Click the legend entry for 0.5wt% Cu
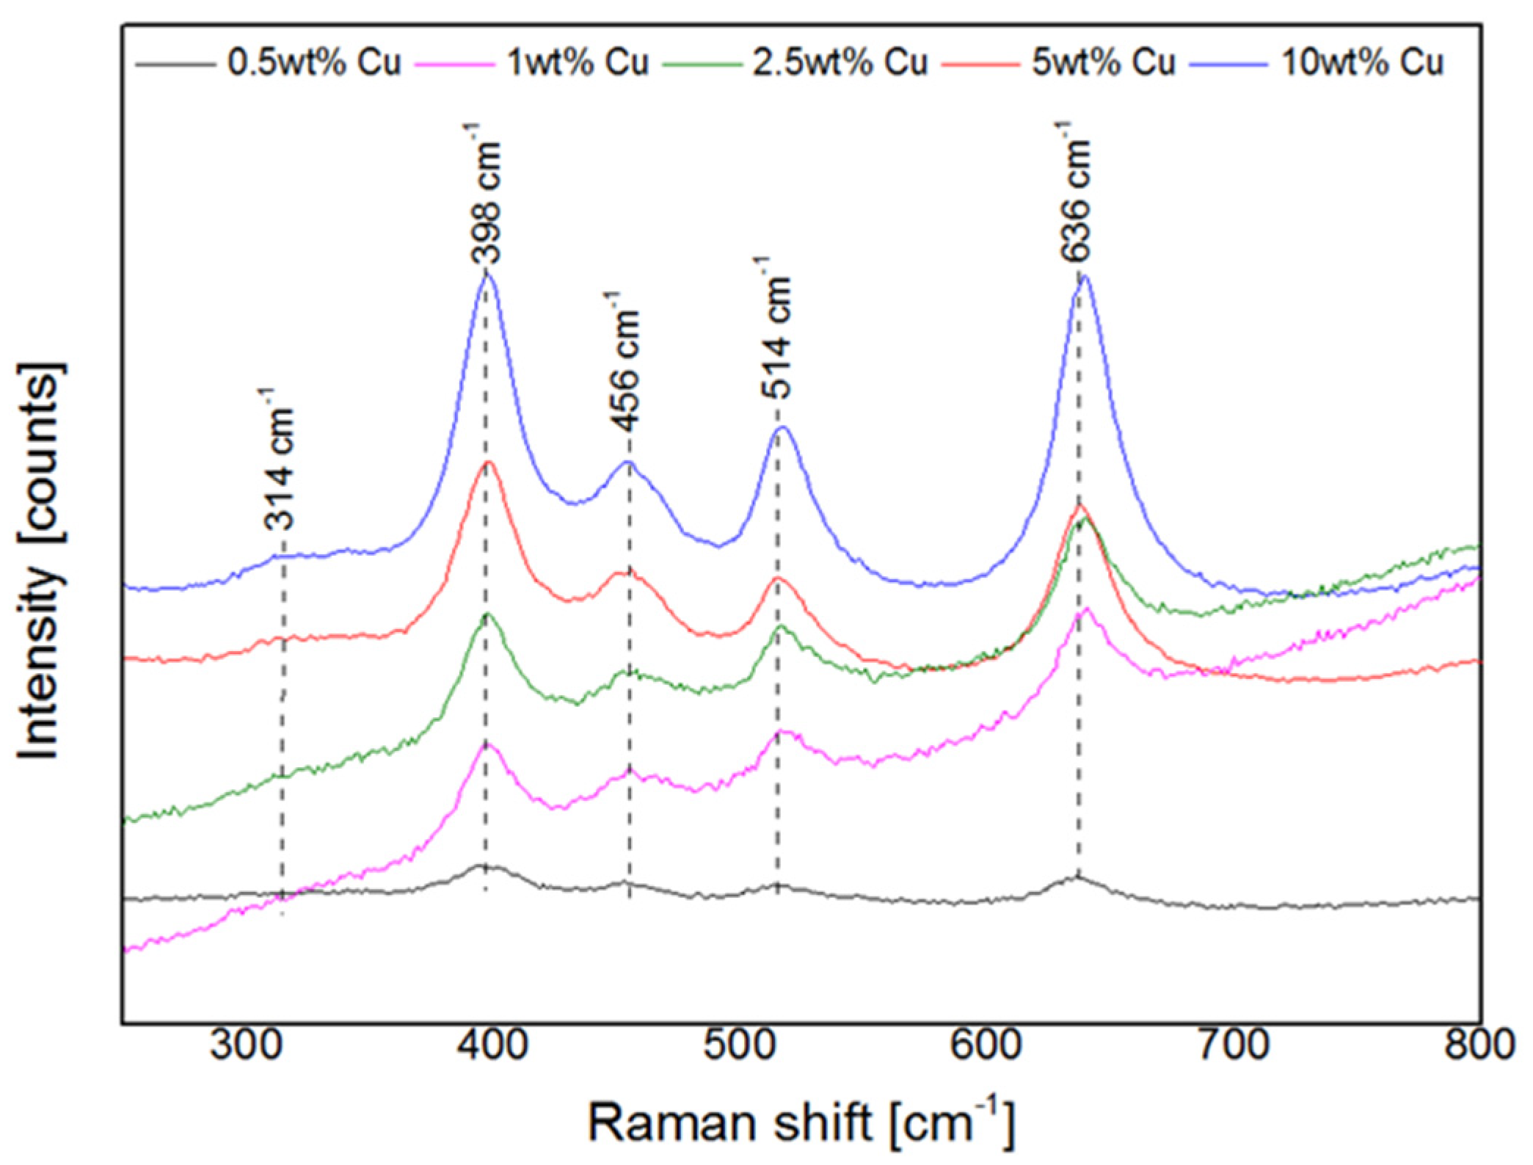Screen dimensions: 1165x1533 click(x=314, y=62)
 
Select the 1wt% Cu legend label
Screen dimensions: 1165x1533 click(x=578, y=62)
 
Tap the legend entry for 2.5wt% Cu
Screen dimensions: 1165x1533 click(x=840, y=62)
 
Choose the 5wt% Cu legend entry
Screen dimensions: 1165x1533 click(x=1103, y=62)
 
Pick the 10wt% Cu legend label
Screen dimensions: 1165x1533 click(x=1362, y=62)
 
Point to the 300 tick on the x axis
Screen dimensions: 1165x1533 click(x=246, y=1045)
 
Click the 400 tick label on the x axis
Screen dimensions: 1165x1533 click(x=492, y=1045)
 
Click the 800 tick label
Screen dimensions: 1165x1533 click(x=1479, y=1045)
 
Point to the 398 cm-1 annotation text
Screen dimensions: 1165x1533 click(x=484, y=195)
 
